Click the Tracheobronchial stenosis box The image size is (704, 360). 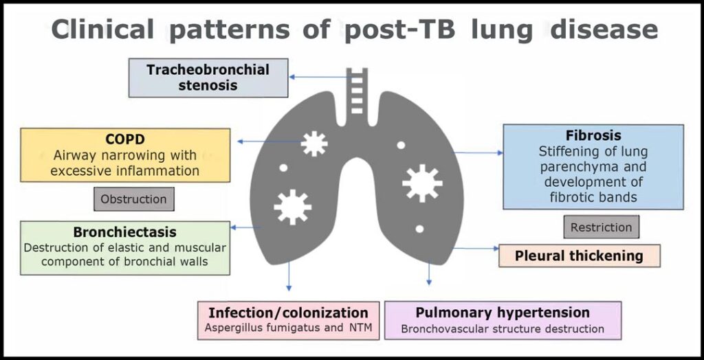point(208,78)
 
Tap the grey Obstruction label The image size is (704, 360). point(133,199)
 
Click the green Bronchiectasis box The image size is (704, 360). point(124,247)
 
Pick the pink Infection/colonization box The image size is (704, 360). point(288,320)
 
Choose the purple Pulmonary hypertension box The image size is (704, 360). point(503,320)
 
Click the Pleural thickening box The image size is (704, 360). point(579,256)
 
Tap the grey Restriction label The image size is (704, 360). point(601,227)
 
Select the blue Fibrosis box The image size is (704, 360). point(593,166)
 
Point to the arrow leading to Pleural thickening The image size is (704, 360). point(474,248)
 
